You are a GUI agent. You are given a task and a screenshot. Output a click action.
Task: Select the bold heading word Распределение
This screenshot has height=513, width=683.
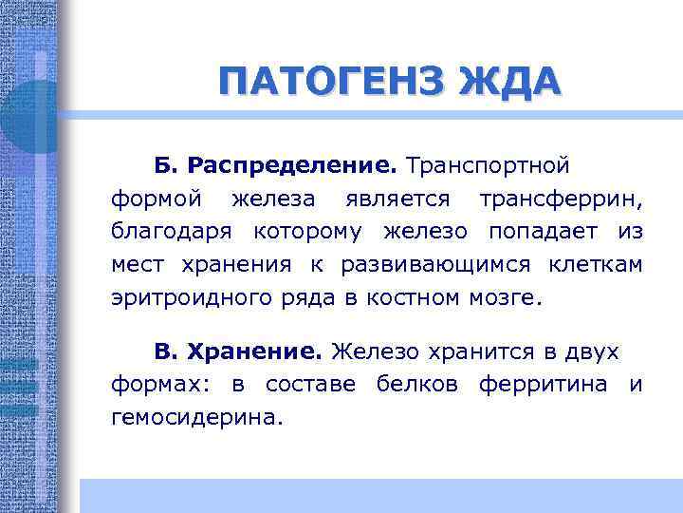pyautogui.click(x=292, y=165)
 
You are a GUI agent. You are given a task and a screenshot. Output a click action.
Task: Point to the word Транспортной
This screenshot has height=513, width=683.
pyautogui.click(x=488, y=165)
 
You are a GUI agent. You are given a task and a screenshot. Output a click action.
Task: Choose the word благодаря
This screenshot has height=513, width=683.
pyautogui.click(x=173, y=232)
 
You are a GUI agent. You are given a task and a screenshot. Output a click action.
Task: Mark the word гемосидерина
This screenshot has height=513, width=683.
pyautogui.click(x=196, y=417)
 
